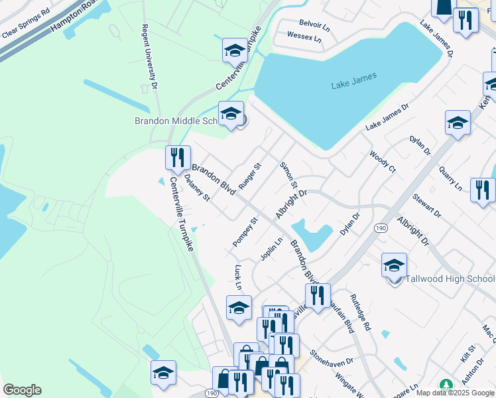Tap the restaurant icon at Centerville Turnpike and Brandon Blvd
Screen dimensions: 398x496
point(177,157)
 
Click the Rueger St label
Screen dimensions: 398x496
point(250,174)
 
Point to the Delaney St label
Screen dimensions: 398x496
point(197,188)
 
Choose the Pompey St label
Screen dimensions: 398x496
point(245,232)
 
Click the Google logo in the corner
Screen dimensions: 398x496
point(22,390)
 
